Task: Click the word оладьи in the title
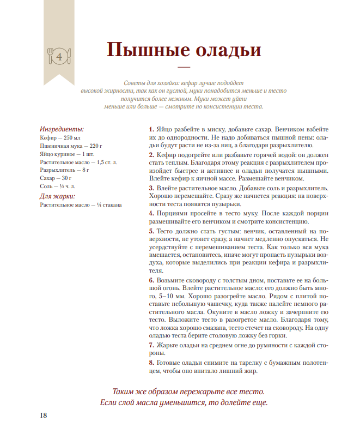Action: (223, 50)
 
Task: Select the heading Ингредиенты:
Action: (62, 129)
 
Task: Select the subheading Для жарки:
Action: (57, 196)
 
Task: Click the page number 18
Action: (44, 415)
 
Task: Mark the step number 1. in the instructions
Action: (151, 130)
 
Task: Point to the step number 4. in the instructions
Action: (151, 213)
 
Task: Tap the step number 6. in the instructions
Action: (151, 280)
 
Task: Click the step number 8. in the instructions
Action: (151, 363)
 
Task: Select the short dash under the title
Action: (184, 68)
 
